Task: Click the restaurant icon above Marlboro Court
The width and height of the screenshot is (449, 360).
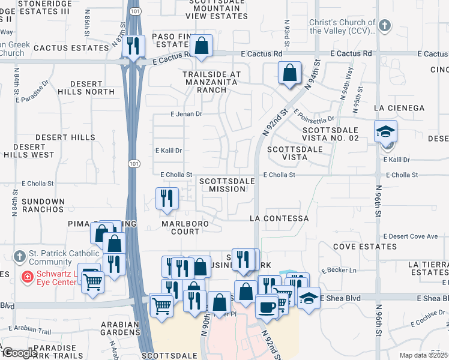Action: tap(167, 198)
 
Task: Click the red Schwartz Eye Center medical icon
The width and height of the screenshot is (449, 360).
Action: tap(27, 277)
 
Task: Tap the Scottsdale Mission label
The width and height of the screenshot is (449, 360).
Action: tap(223, 185)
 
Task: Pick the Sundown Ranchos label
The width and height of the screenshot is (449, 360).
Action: tap(42, 205)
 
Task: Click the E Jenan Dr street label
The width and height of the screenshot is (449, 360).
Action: tap(187, 113)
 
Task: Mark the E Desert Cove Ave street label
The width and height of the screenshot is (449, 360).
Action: tap(411, 236)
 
